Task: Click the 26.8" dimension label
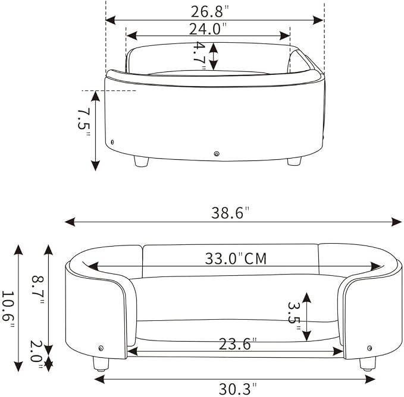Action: [209, 11]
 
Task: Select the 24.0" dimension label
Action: [208, 29]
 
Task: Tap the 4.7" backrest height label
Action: [199, 55]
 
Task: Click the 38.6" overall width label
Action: [230, 213]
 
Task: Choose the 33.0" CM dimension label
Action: [236, 259]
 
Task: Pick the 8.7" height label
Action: [37, 289]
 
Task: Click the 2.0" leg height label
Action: [36, 354]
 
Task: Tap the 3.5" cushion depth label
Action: [294, 316]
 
